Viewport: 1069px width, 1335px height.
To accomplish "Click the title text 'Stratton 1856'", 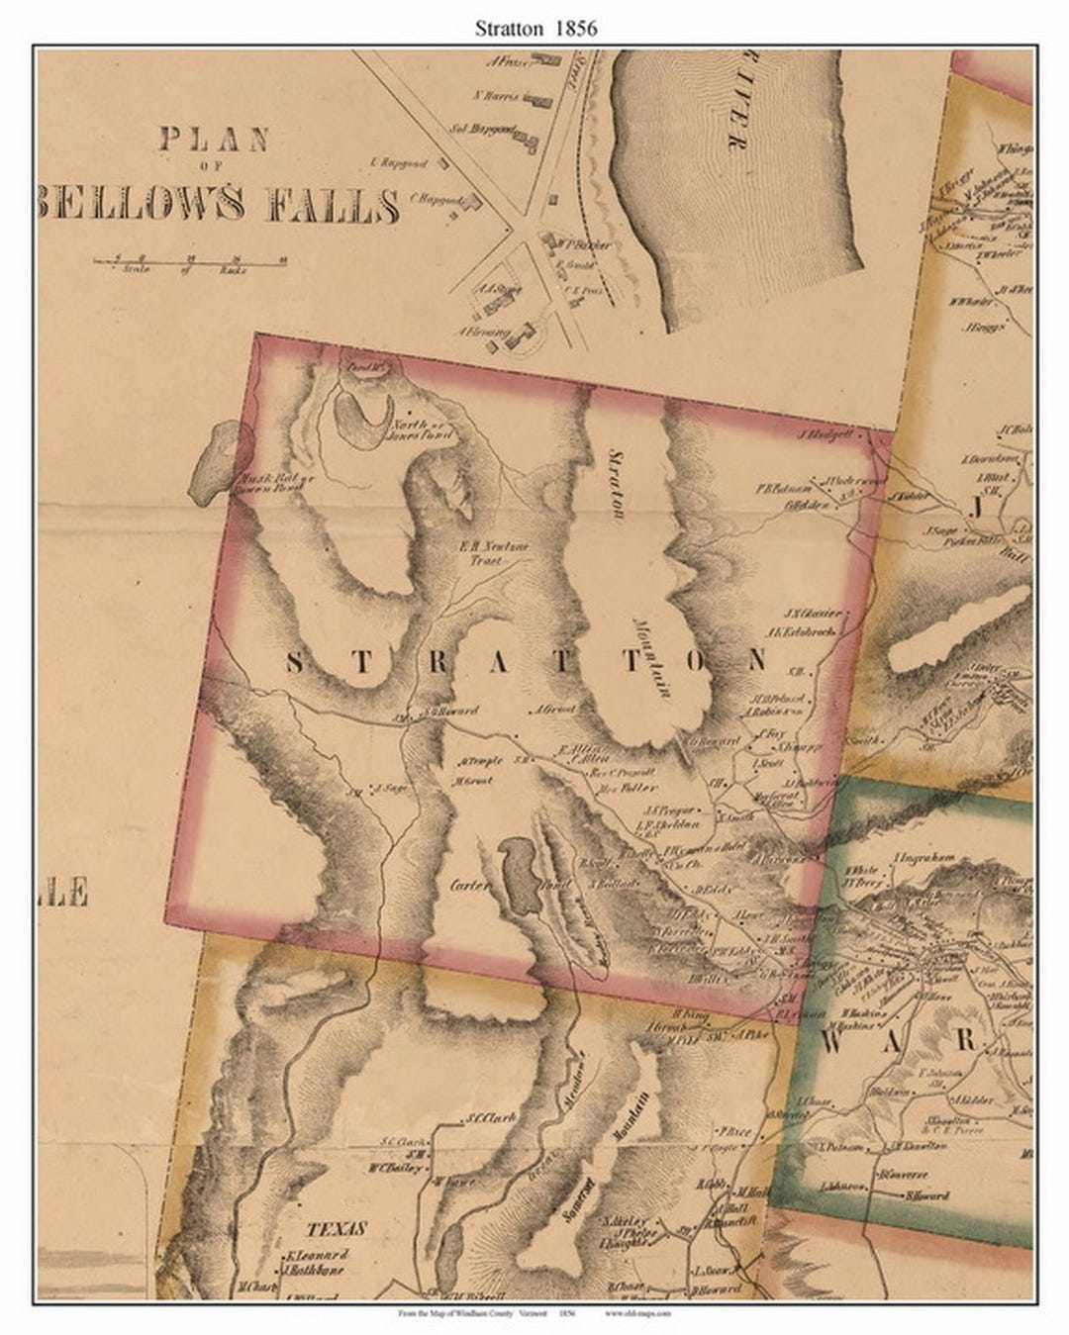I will (x=535, y=28).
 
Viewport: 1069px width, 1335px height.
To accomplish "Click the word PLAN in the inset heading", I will (x=214, y=139).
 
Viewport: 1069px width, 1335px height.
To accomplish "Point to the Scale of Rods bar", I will (x=187, y=262).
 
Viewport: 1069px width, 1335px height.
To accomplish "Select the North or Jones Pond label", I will (x=426, y=428).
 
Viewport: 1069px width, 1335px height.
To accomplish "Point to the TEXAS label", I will (x=337, y=1229).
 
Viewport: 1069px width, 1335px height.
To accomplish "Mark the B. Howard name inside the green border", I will (x=926, y=1195).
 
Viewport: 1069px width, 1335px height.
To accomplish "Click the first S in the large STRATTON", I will (x=295, y=664).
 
